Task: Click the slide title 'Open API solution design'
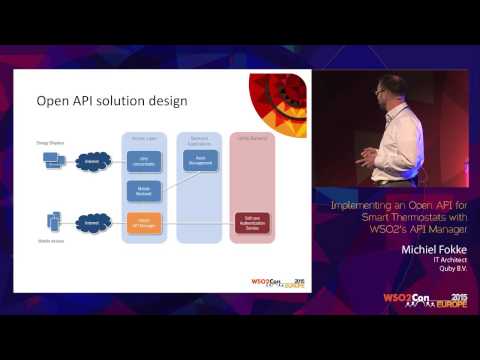coord(112,100)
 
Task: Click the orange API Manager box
coord(144,223)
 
